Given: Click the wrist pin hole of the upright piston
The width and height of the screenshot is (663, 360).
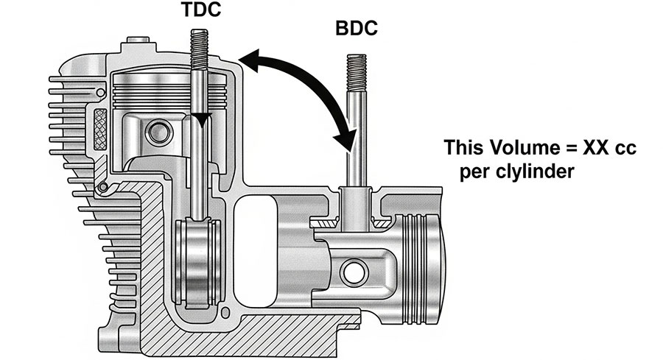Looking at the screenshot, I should (156, 133).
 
